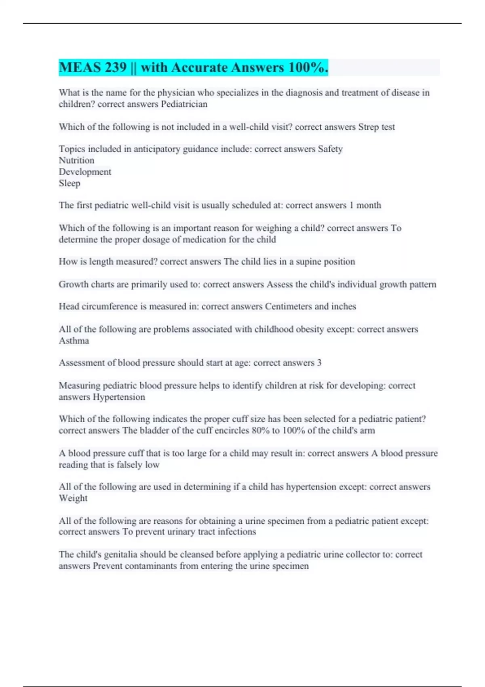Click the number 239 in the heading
pos(116,67)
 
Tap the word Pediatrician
pos(184,104)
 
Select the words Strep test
pos(376,127)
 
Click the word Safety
pos(330,149)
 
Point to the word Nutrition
pos(76,160)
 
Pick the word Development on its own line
pos(85,172)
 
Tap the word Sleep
pos(70,183)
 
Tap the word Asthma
pos(74,341)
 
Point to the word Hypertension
pos(119,397)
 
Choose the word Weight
pos(73,498)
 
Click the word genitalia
pos(122,554)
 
